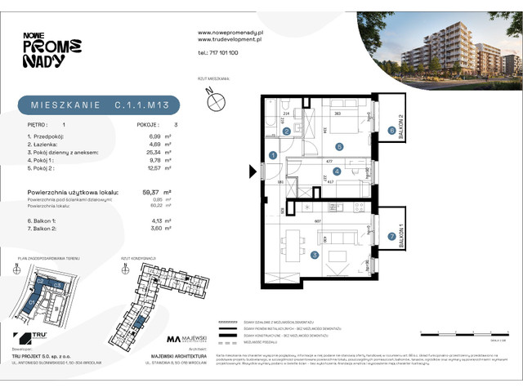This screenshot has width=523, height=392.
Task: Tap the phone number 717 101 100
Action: (x=218, y=52)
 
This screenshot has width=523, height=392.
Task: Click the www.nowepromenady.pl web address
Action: (x=229, y=33)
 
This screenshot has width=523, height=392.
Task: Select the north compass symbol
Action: (x=216, y=100)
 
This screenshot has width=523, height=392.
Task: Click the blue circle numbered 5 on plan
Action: (x=338, y=146)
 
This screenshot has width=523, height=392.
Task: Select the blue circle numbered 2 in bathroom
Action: (x=286, y=131)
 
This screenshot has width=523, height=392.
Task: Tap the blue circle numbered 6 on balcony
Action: (x=391, y=130)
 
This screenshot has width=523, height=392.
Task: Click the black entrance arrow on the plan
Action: (x=253, y=171)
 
